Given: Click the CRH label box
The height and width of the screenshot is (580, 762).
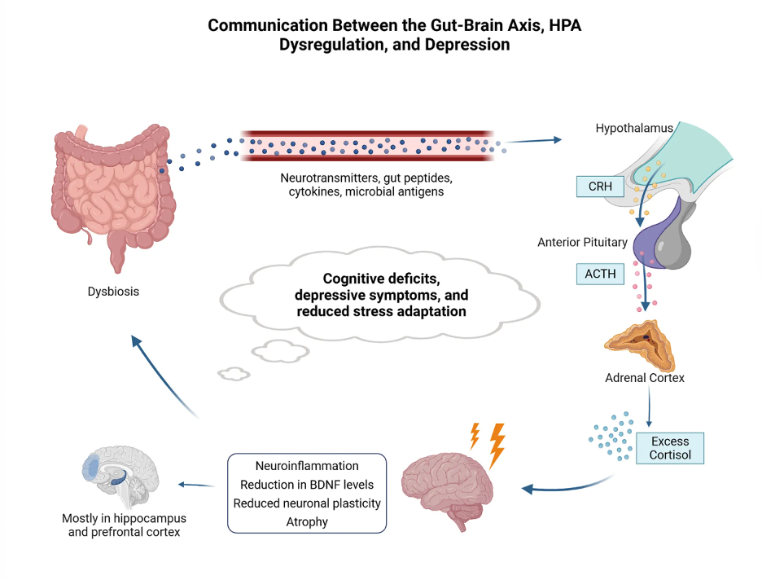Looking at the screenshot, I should pyautogui.click(x=600, y=187).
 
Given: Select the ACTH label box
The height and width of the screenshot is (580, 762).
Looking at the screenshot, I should pyautogui.click(x=599, y=274).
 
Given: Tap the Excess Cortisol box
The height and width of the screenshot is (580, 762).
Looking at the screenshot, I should pyautogui.click(x=669, y=448).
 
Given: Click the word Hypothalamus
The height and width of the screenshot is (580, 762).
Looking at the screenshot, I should pyautogui.click(x=634, y=129).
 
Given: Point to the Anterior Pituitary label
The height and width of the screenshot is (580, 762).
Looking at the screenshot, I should pyautogui.click(x=582, y=242).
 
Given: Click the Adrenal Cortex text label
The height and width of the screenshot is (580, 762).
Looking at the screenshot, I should pyautogui.click(x=645, y=378).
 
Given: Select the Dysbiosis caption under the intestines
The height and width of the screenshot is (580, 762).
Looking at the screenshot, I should pyautogui.click(x=113, y=291).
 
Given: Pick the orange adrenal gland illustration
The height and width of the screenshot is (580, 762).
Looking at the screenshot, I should pyautogui.click(x=642, y=342).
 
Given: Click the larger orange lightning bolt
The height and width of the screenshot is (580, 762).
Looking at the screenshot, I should pyautogui.click(x=496, y=445).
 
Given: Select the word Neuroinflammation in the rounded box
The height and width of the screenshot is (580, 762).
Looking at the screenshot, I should pyautogui.click(x=307, y=466).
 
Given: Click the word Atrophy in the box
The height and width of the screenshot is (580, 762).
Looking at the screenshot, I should pyautogui.click(x=307, y=522).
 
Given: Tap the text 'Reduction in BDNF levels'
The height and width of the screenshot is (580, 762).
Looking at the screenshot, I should pyautogui.click(x=307, y=485).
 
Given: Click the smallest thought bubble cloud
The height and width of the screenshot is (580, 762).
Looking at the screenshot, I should pyautogui.click(x=234, y=374).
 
